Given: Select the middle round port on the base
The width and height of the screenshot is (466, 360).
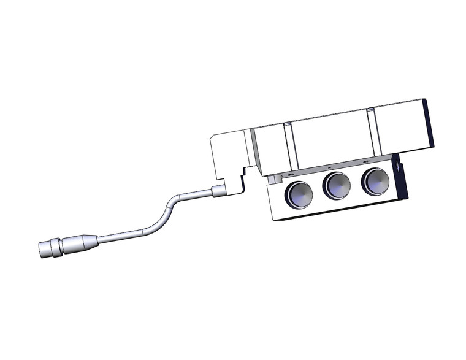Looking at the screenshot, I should [337, 185].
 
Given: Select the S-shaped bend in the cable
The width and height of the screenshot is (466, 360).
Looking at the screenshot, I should [165, 212].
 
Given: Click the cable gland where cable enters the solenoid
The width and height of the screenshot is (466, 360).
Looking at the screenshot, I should [218, 191].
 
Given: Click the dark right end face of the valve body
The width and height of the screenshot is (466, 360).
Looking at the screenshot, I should [429, 123].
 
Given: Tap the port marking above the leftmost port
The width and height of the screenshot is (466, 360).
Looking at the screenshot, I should [291, 175].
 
